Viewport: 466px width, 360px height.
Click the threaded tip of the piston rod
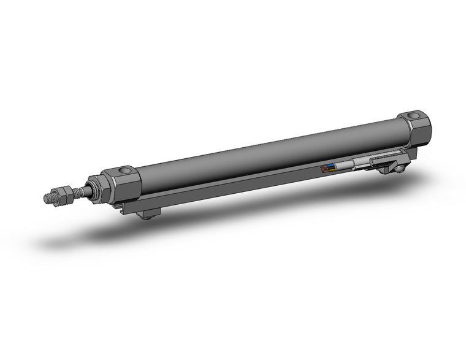pos(48,198)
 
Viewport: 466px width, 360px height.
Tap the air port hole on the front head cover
pos(125,170)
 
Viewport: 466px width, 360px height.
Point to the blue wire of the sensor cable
pos(332,165)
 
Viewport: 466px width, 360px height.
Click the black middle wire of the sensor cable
pos(332,167)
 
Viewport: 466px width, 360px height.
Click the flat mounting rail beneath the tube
pos(245,181)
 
